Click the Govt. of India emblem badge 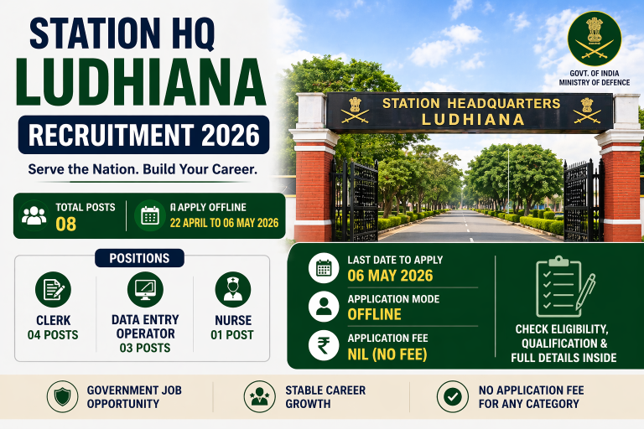click(x=595, y=39)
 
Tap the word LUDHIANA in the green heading click(x=141, y=83)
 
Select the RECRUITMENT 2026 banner click(x=143, y=135)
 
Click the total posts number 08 click(x=65, y=225)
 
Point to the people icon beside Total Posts click(x=34, y=215)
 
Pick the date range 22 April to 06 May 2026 click(x=224, y=223)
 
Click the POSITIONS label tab click(x=139, y=258)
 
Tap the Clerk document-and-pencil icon click(x=53, y=289)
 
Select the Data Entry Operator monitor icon click(x=145, y=289)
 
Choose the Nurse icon click(x=233, y=289)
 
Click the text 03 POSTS click(x=145, y=348)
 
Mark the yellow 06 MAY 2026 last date click(x=390, y=276)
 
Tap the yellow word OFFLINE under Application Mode click(x=375, y=314)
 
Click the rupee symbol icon click(x=324, y=346)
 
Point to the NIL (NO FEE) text click(x=387, y=354)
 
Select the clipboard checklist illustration click(x=565, y=286)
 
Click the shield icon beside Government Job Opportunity click(x=62, y=396)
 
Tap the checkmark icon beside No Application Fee click(x=453, y=396)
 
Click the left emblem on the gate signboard click(x=356, y=111)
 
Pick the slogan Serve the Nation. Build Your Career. click(x=143, y=169)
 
